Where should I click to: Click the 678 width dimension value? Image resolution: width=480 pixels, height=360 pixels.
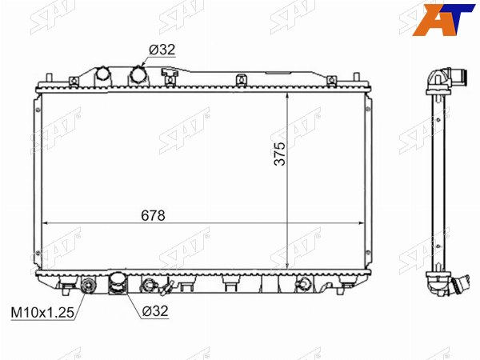(x=153, y=215)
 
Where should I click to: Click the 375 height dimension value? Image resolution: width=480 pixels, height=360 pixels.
(x=279, y=154)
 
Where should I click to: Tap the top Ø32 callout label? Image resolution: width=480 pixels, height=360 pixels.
(x=162, y=50)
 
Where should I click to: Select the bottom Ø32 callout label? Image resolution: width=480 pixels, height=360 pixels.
(x=155, y=311)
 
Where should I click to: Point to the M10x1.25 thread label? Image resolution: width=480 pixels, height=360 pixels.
(x=42, y=313)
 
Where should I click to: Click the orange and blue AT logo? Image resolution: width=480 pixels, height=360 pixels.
(x=443, y=19)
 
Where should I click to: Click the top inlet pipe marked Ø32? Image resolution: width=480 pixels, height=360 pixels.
(x=138, y=76)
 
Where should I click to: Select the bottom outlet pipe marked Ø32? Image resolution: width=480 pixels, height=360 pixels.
(x=118, y=283)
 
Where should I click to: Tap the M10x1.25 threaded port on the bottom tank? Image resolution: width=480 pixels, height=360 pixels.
(x=88, y=286)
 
